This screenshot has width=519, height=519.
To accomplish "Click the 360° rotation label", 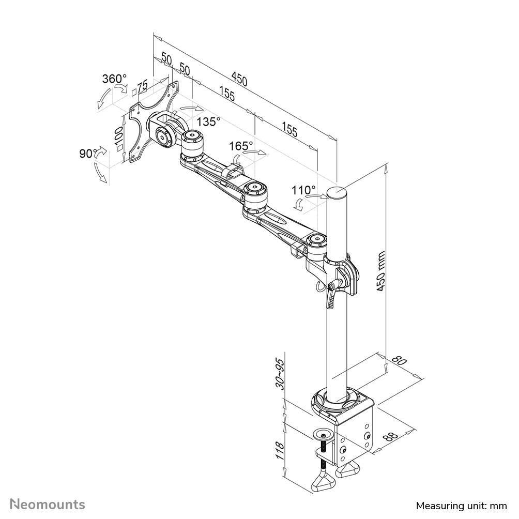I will [114, 79].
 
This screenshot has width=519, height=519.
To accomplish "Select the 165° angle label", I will [241, 146].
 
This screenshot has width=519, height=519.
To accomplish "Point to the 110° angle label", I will [304, 189].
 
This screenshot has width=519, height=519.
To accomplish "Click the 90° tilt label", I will [88, 154].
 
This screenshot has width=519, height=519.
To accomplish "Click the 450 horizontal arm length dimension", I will [239, 79].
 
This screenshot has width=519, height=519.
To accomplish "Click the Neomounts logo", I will [48, 503].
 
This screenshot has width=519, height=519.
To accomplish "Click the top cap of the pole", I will [338, 192].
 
